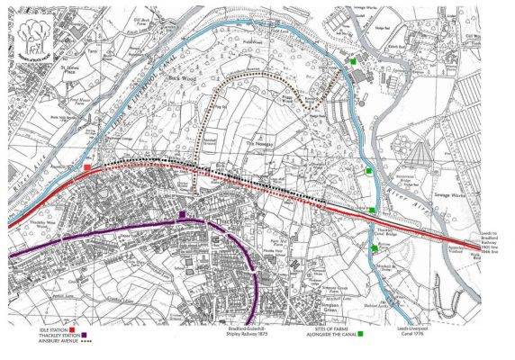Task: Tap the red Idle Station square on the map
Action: (x=86, y=167)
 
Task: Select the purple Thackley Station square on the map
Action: (x=182, y=214)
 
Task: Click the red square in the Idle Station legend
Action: (x=71, y=331)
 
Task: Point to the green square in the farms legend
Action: (x=360, y=337)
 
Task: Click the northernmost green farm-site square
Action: (x=356, y=60)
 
